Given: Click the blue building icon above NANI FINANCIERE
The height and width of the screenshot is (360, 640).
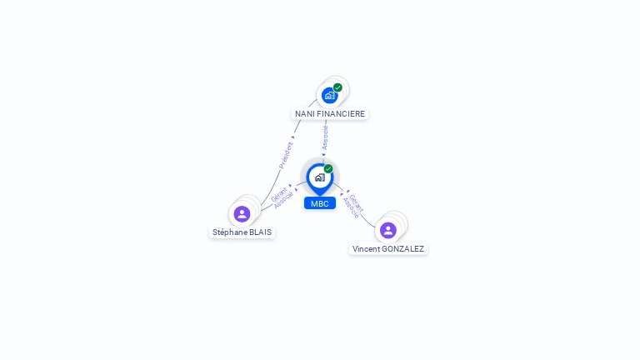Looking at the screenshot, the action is (329, 96).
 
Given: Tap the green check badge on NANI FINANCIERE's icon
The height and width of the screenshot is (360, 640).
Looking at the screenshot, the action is (337, 87).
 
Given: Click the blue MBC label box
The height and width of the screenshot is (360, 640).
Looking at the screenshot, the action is (320, 203).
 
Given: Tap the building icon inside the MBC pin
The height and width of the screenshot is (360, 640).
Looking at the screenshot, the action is (320, 177).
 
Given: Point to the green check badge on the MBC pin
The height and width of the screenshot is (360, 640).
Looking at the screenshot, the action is (328, 168).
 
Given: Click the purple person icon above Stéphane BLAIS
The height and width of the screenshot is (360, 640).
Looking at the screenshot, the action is (242, 214).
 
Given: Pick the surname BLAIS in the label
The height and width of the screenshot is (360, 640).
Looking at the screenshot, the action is (260, 232).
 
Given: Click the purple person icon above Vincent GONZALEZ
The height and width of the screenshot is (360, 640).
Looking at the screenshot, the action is (388, 230).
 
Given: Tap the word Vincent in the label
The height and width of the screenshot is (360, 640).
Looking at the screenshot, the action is (366, 249).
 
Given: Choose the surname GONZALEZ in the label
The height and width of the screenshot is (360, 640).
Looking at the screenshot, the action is (402, 249).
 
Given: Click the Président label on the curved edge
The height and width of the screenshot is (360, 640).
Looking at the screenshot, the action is (286, 155).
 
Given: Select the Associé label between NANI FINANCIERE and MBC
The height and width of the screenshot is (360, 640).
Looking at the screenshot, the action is (325, 137).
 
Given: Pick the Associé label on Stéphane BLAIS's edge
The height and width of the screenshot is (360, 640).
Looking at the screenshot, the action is (283, 200).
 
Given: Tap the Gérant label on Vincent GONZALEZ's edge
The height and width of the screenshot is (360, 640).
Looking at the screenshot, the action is (356, 203).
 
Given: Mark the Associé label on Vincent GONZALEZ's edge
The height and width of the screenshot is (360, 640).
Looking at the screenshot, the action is (351, 207).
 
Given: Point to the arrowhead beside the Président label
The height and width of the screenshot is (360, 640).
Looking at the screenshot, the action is (292, 137).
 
